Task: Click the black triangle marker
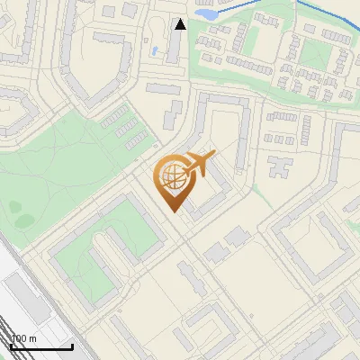pos(180,24)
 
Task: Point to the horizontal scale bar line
pos(41,346)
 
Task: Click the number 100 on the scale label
pos(17,338)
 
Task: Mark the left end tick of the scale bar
pos(11,345)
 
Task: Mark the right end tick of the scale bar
pos(72,345)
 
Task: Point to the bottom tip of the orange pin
pos(172,212)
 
